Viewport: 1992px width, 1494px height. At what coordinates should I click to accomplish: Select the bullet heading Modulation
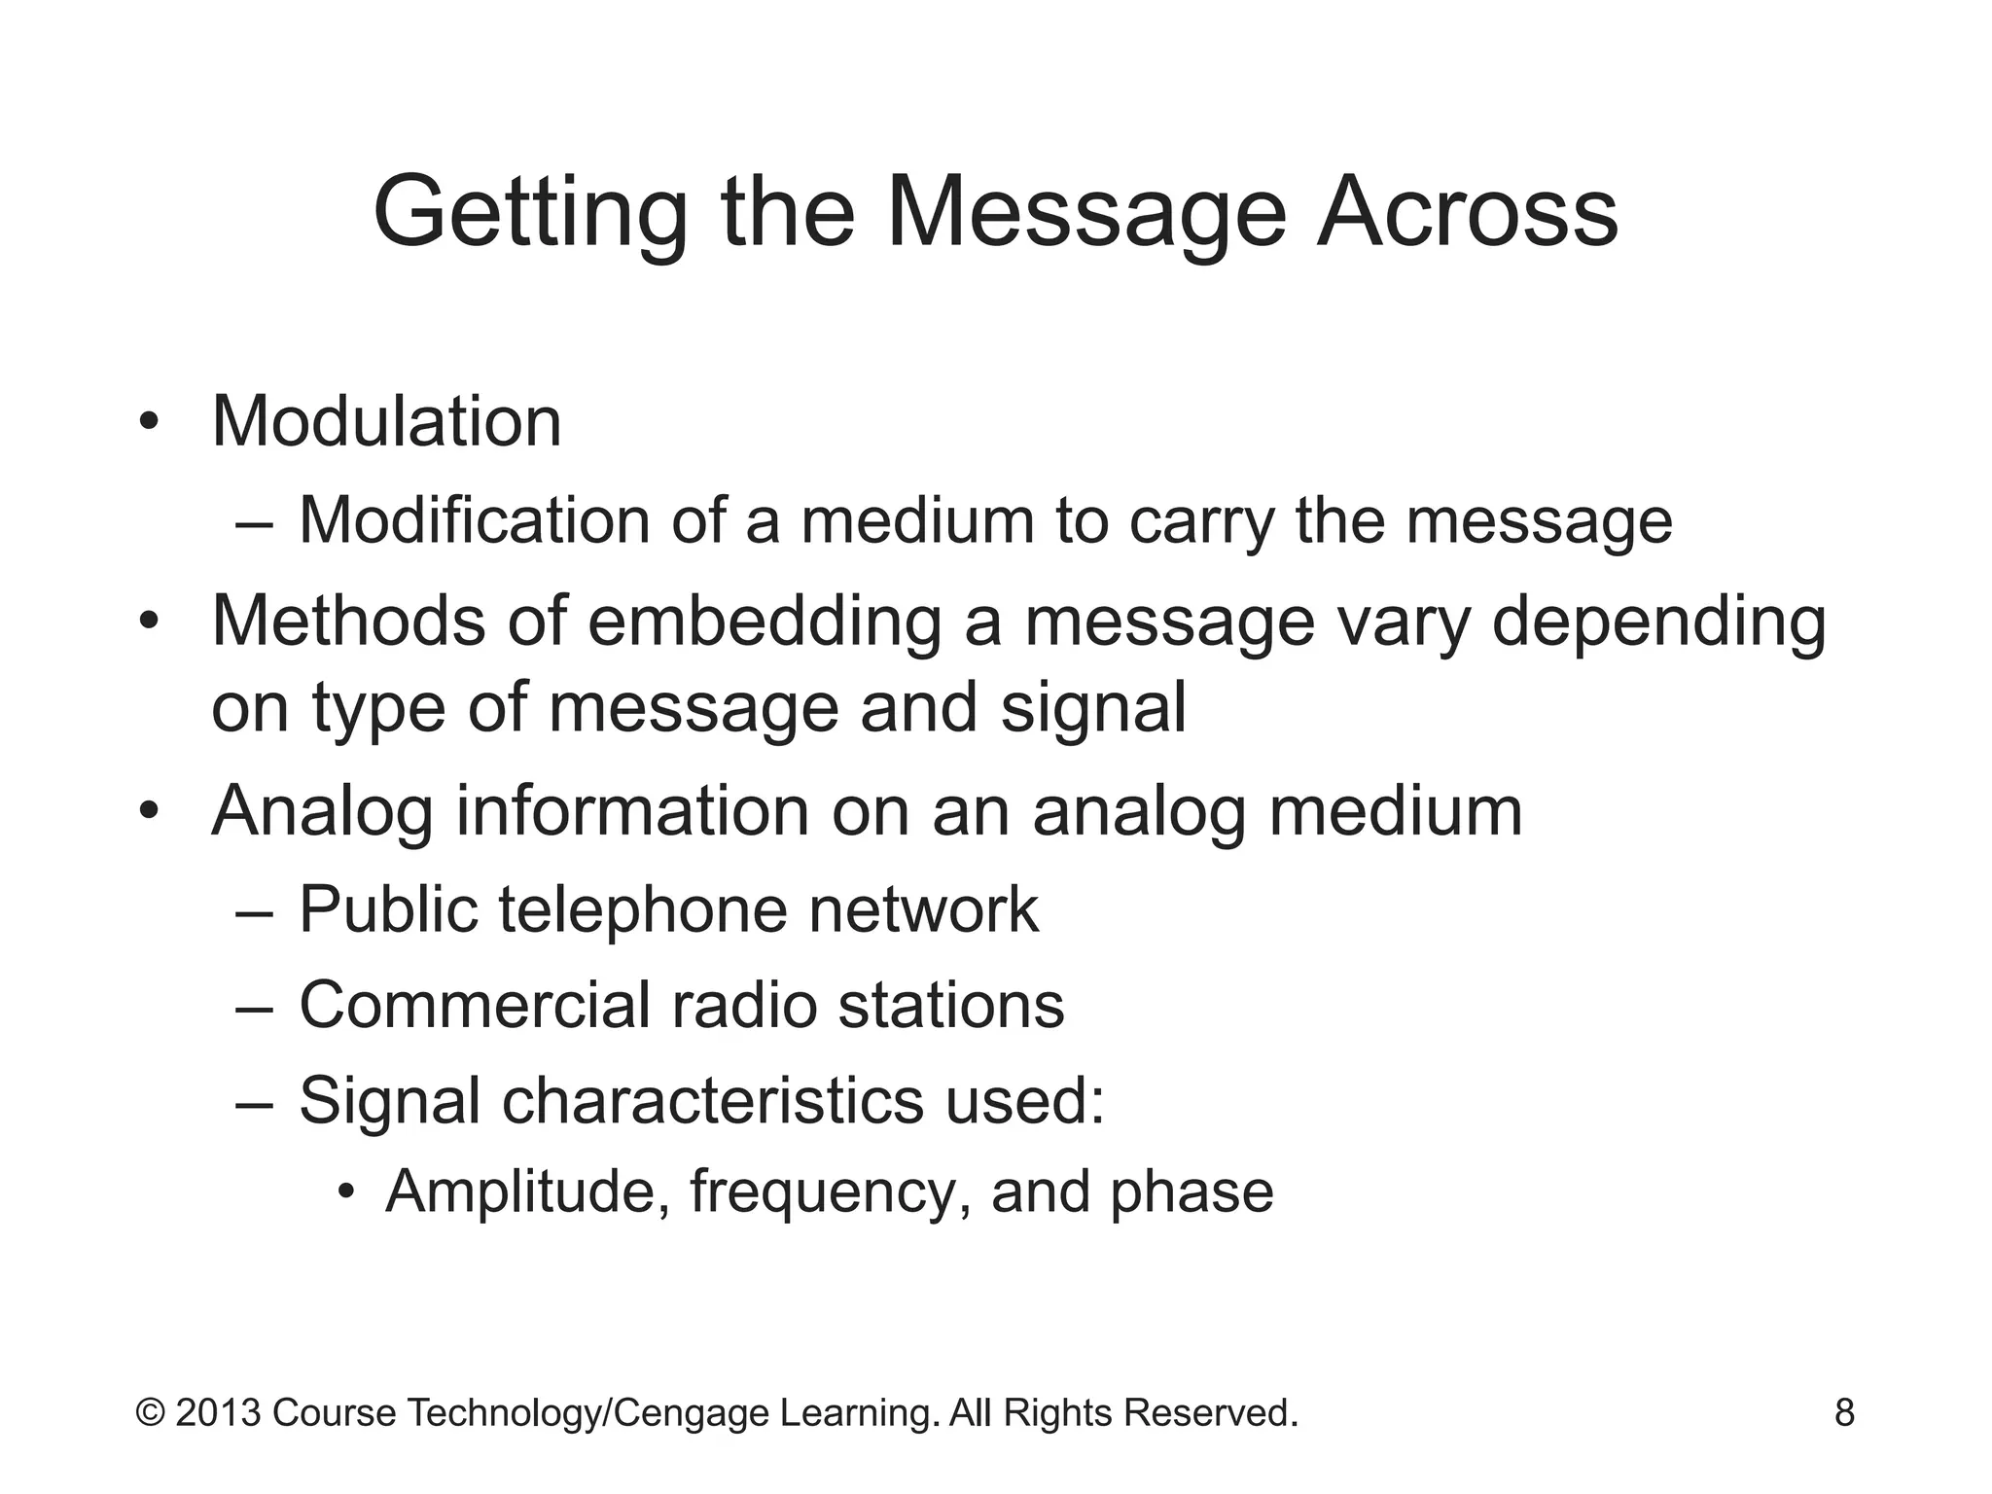pos(386,422)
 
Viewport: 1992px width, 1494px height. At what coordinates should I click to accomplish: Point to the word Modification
pos(474,520)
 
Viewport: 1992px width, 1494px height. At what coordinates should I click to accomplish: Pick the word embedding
pos(765,622)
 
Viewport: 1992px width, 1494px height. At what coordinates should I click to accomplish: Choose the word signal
pos(1093,709)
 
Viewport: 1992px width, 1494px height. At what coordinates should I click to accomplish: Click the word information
pos(632,811)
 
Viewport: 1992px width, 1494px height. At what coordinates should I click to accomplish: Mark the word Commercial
pos(474,1005)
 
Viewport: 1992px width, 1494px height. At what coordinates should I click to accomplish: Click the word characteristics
pos(712,1101)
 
